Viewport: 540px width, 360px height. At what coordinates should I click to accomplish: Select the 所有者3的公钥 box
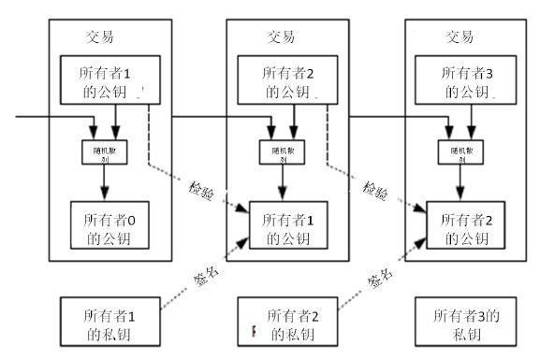tap(465, 81)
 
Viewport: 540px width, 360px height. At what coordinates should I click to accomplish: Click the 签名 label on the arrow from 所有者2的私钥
tap(381, 276)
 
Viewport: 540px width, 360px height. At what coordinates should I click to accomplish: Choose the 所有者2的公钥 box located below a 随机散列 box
tap(465, 227)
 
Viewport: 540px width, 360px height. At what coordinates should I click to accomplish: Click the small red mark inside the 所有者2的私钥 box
tap(253, 330)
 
